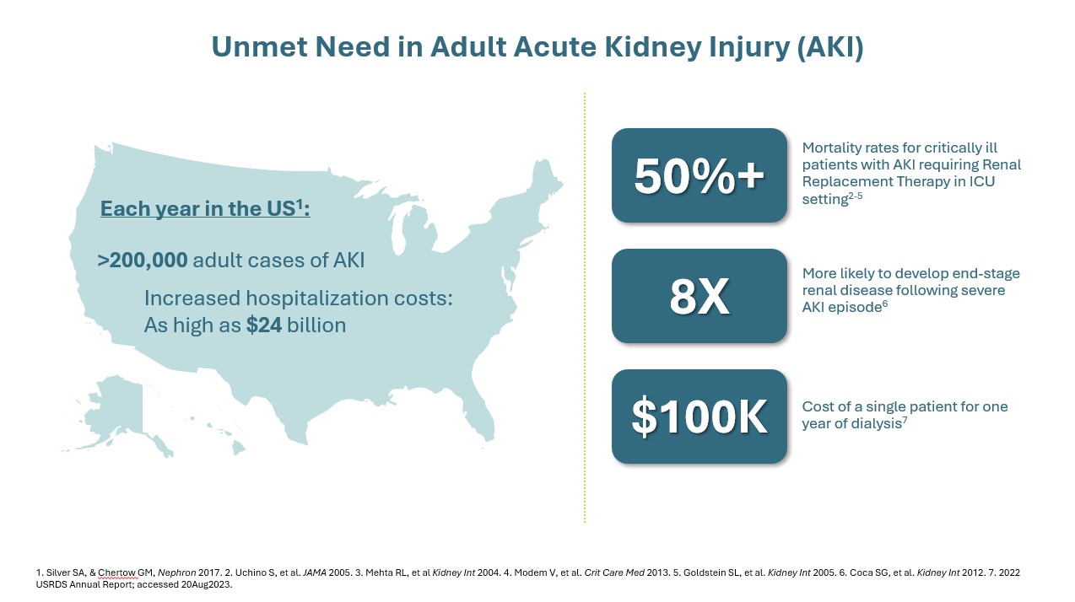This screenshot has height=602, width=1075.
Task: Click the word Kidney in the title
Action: [648, 47]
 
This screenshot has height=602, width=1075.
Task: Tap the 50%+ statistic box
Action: [700, 175]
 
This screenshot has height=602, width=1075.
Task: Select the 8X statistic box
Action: [700, 295]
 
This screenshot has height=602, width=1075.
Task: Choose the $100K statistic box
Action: [700, 417]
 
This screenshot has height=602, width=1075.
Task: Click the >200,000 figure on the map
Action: [143, 261]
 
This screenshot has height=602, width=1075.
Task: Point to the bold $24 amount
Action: [264, 325]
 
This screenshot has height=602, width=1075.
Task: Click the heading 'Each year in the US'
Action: [205, 208]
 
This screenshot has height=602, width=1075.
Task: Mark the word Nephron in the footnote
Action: [176, 572]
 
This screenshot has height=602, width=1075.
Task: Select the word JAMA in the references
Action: [315, 572]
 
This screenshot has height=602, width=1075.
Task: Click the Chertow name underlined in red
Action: [116, 572]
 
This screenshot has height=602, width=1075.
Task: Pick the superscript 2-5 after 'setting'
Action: [856, 196]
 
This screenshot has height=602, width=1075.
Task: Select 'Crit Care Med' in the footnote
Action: [614, 572]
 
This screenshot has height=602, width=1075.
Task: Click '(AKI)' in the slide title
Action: [830, 47]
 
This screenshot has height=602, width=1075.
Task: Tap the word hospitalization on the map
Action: [316, 298]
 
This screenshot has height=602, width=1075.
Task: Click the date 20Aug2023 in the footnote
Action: [207, 585]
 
